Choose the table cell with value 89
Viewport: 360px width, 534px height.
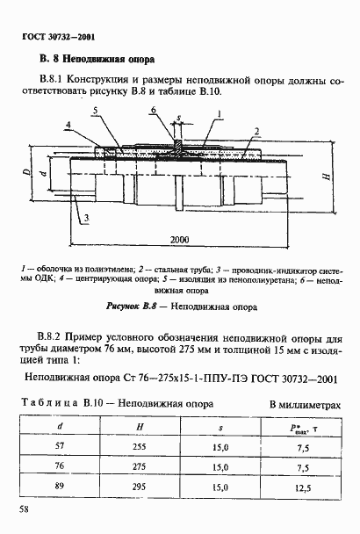coord(60,484)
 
